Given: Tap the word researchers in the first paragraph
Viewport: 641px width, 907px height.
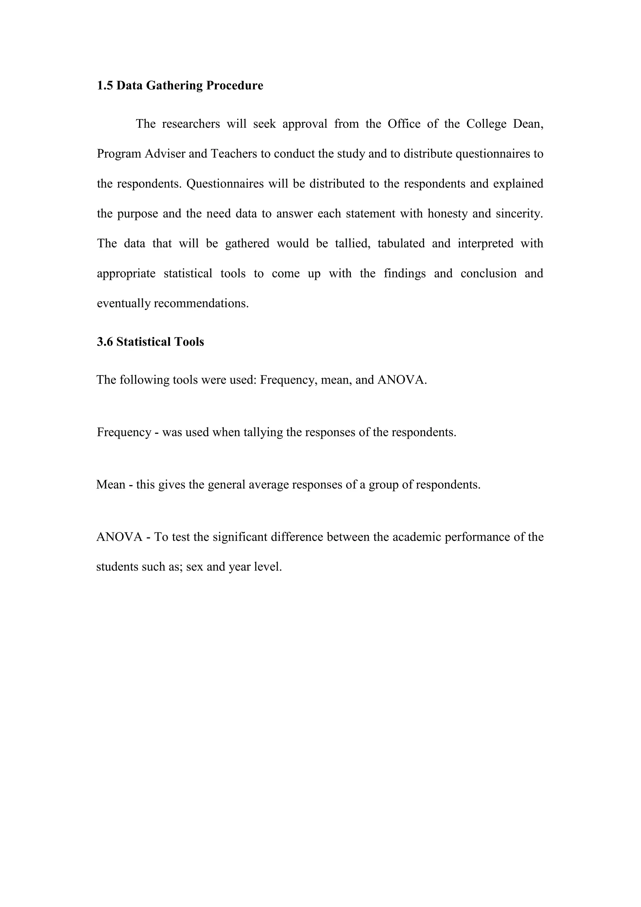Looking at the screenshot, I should point(191,124).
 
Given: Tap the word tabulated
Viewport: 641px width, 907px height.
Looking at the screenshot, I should point(401,243).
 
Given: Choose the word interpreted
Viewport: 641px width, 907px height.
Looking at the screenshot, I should point(485,243).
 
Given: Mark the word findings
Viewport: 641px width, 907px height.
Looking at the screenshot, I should point(405,273).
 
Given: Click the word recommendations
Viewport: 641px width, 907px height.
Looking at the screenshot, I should point(201,303).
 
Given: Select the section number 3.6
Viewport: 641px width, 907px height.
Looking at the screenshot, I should point(105,342).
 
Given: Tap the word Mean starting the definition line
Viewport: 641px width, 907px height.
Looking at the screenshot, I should point(111,485).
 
